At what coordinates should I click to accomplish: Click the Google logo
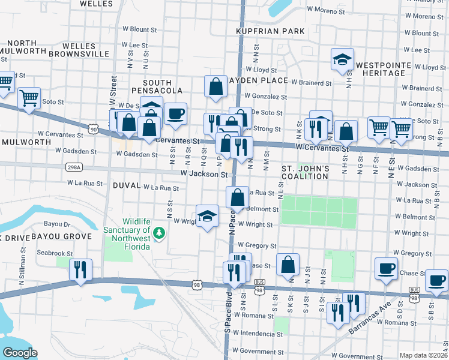19,353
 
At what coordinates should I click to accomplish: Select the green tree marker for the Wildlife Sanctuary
159,232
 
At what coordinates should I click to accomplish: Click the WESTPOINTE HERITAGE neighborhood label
380,68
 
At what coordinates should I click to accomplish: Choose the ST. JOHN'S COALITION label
305,172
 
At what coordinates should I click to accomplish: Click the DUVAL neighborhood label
126,187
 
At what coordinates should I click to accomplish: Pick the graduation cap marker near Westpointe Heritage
342,59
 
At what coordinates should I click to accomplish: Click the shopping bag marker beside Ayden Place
215,86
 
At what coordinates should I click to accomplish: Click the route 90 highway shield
92,129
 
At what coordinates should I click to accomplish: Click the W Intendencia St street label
258,332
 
